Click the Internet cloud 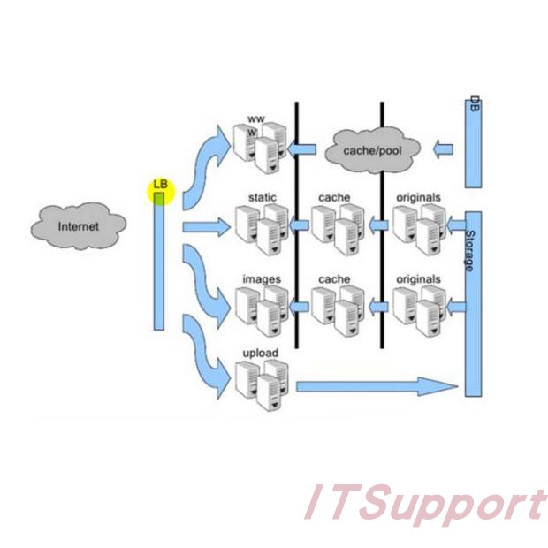click(78, 225)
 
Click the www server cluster click(259, 143)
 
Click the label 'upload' click(260, 354)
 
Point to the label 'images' click(262, 279)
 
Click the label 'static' click(263, 196)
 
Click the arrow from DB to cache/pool click(445, 149)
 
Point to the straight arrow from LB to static click(206, 228)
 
